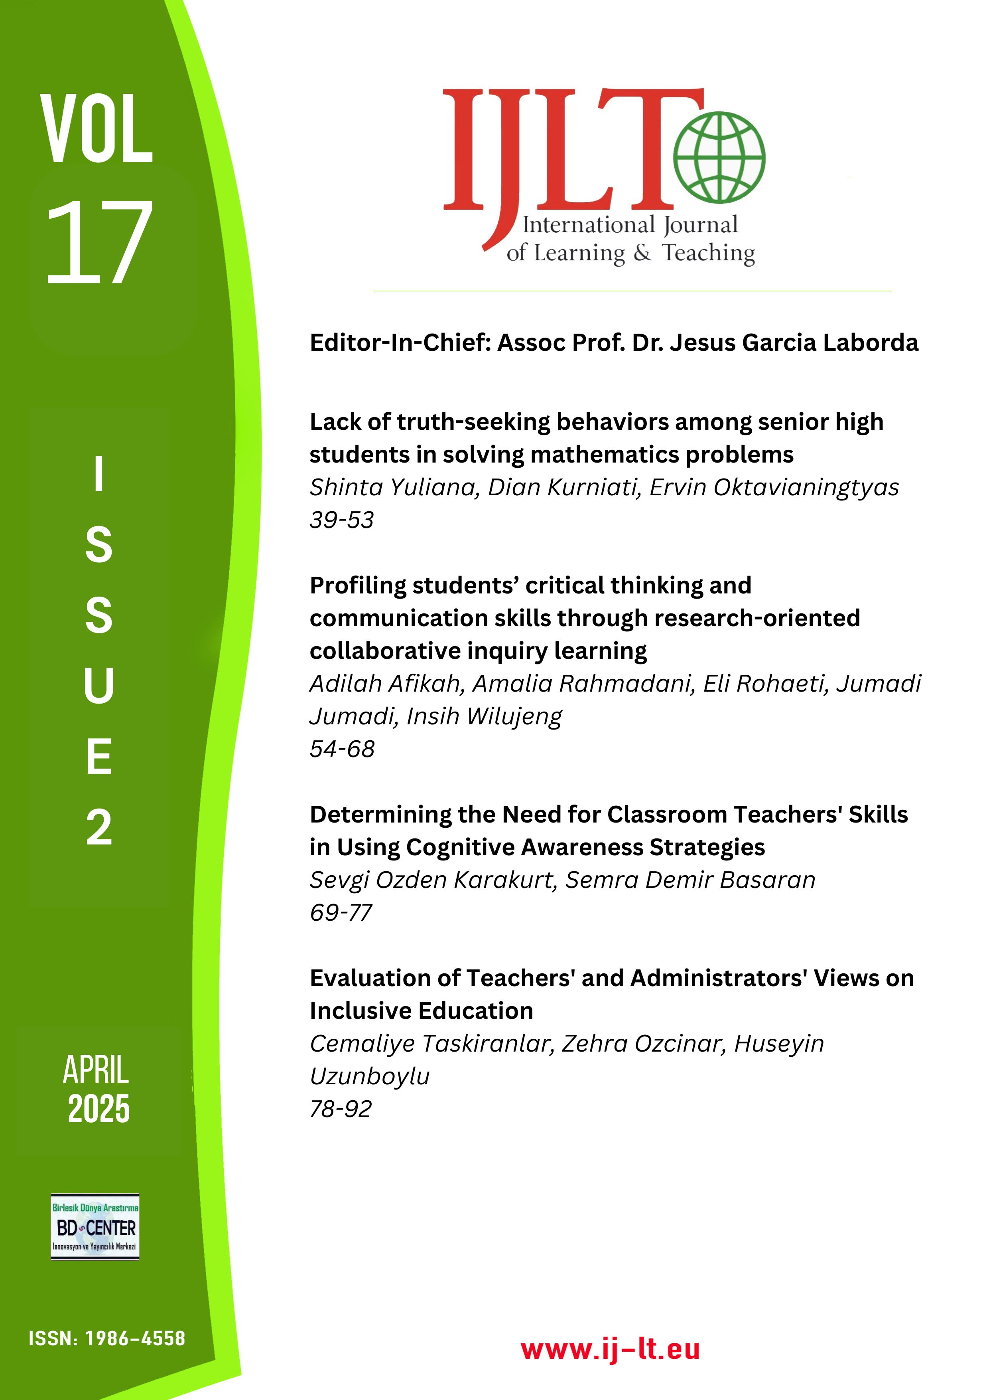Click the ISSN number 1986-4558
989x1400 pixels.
pos(135,1355)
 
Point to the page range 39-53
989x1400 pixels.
pos(341,520)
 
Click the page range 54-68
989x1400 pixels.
pos(342,749)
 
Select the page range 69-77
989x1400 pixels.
pos(341,913)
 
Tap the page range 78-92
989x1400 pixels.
pos(341,1109)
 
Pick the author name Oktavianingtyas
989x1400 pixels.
pos(774,487)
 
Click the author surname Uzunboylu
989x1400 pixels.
pos(369,1076)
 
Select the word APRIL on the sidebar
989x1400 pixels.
pos(96,1070)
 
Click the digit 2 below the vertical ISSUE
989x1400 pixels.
pos(99,827)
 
